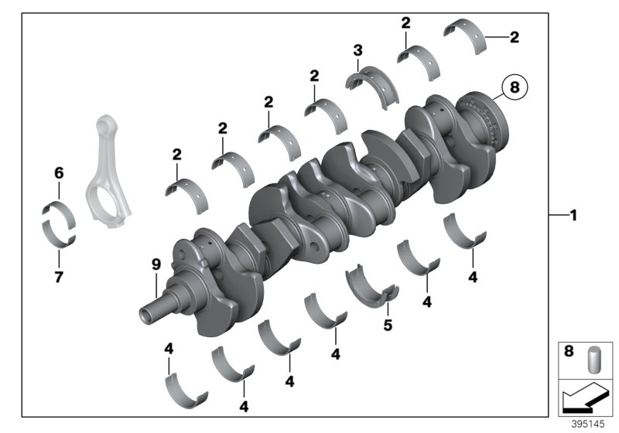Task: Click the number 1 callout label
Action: (573, 216)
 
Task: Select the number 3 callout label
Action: (357, 50)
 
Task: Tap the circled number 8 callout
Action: (516, 89)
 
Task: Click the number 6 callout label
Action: (58, 172)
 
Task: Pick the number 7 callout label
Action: (58, 276)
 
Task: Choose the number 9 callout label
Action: (156, 264)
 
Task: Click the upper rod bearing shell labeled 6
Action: (57, 209)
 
